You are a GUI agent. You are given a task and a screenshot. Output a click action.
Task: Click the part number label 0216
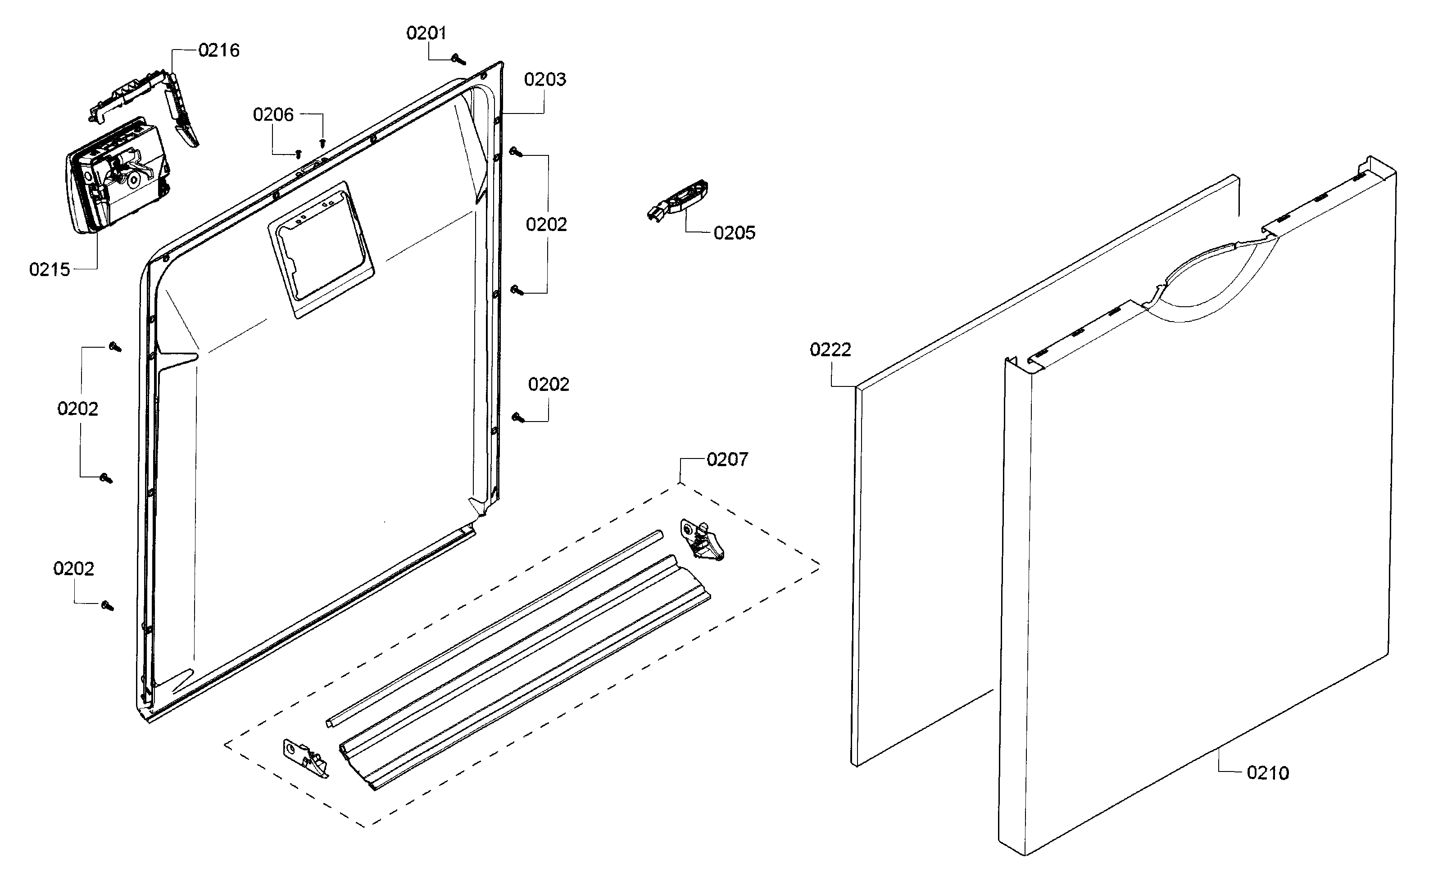click(x=219, y=50)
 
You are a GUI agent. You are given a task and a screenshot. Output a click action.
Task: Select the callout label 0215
click(x=50, y=270)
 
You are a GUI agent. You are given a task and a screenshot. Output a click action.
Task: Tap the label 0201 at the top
click(x=426, y=33)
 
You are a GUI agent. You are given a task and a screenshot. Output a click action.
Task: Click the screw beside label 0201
click(x=459, y=59)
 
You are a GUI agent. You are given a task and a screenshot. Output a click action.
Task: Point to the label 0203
click(x=544, y=79)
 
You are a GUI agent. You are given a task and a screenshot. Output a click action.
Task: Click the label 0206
click(x=273, y=115)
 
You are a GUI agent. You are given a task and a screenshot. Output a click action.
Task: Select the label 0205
click(x=734, y=233)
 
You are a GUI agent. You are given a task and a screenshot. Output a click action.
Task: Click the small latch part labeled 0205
click(x=680, y=201)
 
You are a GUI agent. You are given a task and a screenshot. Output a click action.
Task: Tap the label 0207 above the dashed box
click(x=727, y=459)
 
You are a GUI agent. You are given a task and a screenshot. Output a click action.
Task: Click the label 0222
click(x=830, y=350)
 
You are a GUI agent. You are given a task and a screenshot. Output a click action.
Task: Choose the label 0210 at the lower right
click(x=1268, y=773)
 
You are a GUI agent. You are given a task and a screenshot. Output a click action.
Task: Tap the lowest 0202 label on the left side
click(x=73, y=569)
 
